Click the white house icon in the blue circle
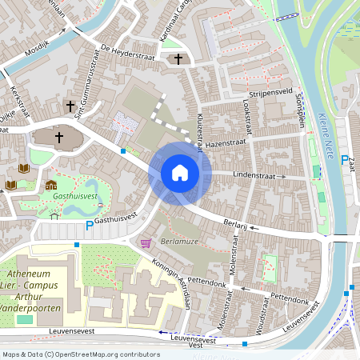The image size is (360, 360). coord(179,173)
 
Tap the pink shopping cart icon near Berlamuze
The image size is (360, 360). coord(146,242)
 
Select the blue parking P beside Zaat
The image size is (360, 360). coord(345,160)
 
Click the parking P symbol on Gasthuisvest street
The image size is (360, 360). coord(90,226)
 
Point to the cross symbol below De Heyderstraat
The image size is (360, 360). coord(177,59)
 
